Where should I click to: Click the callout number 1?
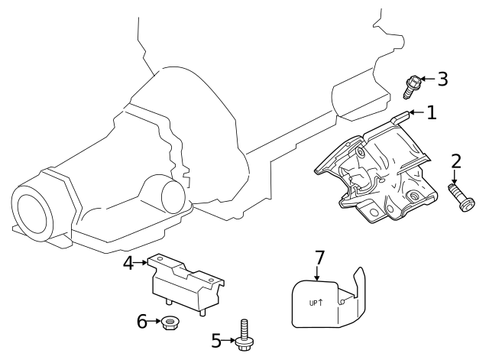click(x=432, y=113)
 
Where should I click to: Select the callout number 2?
click(x=455, y=161)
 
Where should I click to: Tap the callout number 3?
click(x=442, y=79)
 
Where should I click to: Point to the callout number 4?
click(x=129, y=263)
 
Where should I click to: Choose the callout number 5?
click(x=215, y=339)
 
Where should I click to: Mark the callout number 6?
click(x=141, y=322)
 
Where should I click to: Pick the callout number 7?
click(x=319, y=258)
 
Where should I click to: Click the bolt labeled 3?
click(x=413, y=86)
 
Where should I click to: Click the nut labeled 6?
click(x=170, y=324)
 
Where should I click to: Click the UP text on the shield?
click(x=314, y=303)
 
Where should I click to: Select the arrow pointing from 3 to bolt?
click(x=428, y=79)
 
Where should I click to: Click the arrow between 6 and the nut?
click(x=155, y=323)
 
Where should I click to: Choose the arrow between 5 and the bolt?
click(x=228, y=339)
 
